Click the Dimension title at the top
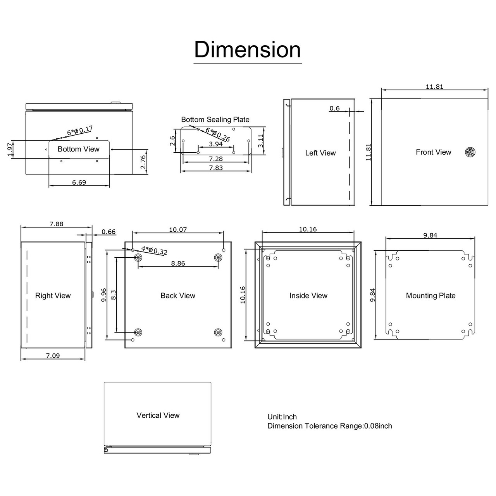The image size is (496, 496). pyautogui.click(x=247, y=50)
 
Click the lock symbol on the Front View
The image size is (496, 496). pyautogui.click(x=470, y=152)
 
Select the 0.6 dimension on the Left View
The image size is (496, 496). pyautogui.click(x=334, y=108)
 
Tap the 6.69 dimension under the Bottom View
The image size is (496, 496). pyautogui.click(x=79, y=182)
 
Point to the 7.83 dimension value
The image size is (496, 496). pyautogui.click(x=216, y=168)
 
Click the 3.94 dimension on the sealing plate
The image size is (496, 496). pyautogui.click(x=216, y=144)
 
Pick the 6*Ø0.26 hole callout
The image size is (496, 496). pyautogui.click(x=218, y=134)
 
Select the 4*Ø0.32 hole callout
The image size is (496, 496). pyautogui.click(x=154, y=250)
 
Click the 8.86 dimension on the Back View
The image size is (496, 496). pyautogui.click(x=178, y=263)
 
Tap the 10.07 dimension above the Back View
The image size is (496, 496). pyautogui.click(x=178, y=229)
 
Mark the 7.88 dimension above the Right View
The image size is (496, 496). pyautogui.click(x=56, y=224)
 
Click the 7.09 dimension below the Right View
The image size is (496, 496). pyautogui.click(x=53, y=355)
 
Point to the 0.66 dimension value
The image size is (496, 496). pyautogui.click(x=108, y=232)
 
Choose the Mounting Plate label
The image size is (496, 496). pyautogui.click(x=431, y=296)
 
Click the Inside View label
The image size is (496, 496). pyautogui.click(x=308, y=296)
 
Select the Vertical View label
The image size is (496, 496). pyautogui.click(x=158, y=415)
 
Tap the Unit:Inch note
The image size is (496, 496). pyautogui.click(x=282, y=417)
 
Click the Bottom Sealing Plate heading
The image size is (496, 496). pyautogui.click(x=215, y=119)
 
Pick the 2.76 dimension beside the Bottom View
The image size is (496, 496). pyautogui.click(x=143, y=162)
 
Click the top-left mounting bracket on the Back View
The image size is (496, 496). pyautogui.click(x=138, y=258)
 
